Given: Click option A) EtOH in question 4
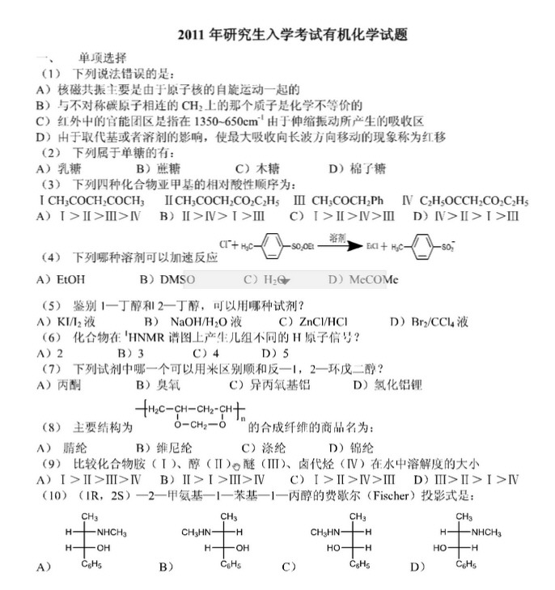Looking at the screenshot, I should click(x=57, y=279).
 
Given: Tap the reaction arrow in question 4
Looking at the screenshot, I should click(x=341, y=243).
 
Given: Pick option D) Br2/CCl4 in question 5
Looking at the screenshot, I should click(x=429, y=321).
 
